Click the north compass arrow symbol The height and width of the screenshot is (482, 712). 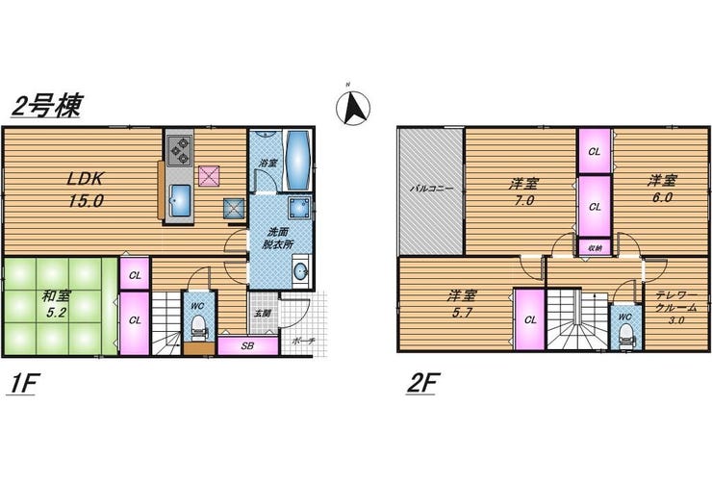353,108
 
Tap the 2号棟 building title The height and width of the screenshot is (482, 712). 46,106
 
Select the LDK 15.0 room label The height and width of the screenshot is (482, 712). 86,190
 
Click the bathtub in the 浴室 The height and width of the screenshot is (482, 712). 298,161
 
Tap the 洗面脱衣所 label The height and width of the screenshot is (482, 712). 278,238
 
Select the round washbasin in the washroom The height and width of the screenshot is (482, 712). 300,272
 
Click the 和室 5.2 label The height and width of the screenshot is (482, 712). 56,305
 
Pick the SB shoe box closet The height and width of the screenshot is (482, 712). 248,345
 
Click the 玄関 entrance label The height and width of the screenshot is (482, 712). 263,314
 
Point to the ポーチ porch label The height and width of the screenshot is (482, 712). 303,341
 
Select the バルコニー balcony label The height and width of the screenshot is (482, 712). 431,189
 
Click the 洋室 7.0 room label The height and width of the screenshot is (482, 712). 523,192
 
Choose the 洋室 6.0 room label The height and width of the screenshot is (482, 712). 662,190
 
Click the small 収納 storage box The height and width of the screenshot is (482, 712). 595,248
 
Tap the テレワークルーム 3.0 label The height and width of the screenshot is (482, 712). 676,307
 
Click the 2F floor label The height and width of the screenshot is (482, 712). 421,384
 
